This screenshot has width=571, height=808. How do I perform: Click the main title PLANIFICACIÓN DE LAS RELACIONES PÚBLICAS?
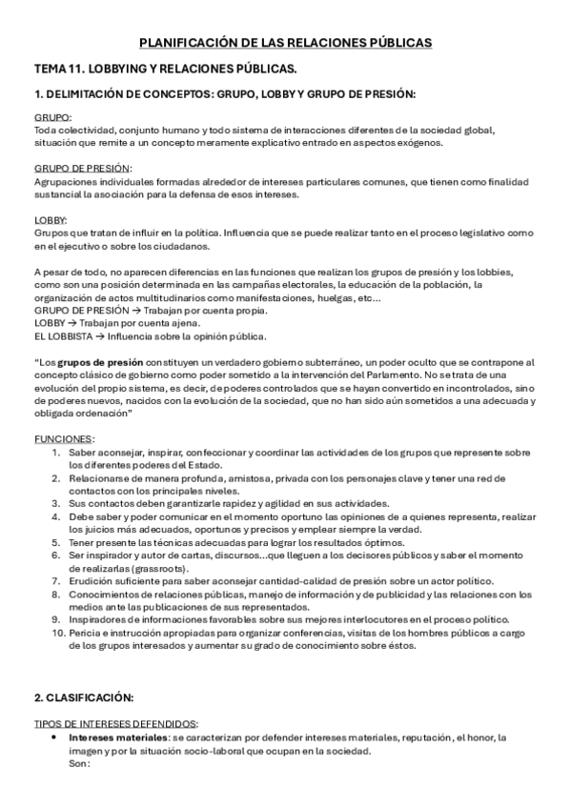pos(285,43)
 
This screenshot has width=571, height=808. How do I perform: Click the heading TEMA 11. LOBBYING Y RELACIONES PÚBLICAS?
pos(165,69)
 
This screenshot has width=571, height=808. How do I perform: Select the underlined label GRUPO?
pos(47,117)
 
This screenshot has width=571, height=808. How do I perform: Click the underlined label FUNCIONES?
pos(64,438)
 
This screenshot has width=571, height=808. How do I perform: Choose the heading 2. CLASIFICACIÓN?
pos(83,697)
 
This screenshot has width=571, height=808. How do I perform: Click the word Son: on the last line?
pos(79,764)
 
